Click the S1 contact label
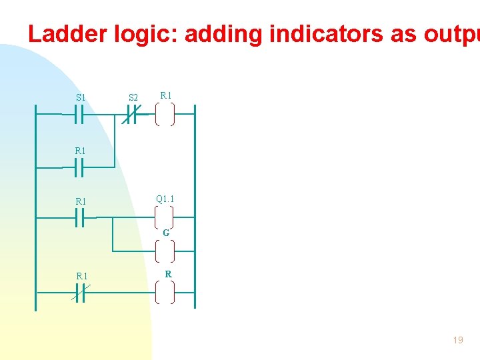click(81, 97)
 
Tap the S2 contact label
click(133, 98)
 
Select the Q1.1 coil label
click(165, 199)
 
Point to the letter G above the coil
click(166, 233)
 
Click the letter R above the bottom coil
click(168, 274)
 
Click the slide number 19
click(458, 340)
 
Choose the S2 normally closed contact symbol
click(132, 115)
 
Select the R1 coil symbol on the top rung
click(165, 115)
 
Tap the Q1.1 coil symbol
click(165, 217)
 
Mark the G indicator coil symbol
click(165, 251)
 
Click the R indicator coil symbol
click(165, 292)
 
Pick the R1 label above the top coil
click(165, 95)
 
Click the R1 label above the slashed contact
click(82, 276)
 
